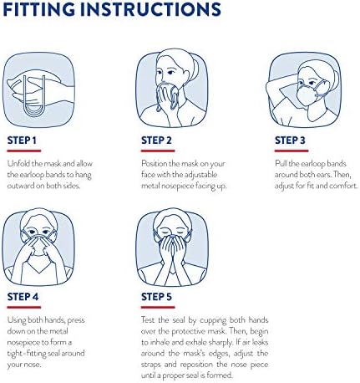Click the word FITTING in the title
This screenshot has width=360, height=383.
point(39,9)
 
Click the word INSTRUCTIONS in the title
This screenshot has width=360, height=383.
point(150,9)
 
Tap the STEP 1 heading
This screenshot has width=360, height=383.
point(22,140)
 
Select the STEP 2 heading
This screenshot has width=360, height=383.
point(156,140)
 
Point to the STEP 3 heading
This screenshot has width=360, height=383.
point(290,140)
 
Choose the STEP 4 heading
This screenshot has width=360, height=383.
point(23,297)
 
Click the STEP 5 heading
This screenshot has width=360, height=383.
point(156,297)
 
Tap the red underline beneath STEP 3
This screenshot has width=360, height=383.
point(292,151)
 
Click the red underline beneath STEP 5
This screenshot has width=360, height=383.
point(158,307)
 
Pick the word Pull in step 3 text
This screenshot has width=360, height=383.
point(281,163)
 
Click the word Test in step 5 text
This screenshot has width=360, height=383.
point(148,319)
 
